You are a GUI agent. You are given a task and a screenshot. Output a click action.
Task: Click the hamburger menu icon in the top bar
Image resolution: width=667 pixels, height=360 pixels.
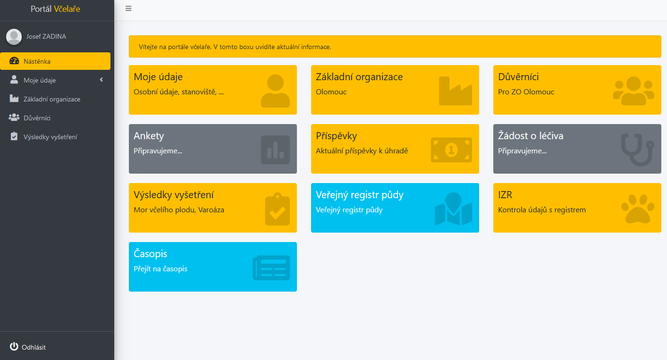(128, 8)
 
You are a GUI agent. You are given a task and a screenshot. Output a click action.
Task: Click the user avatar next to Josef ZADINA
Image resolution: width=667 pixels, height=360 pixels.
(14, 37)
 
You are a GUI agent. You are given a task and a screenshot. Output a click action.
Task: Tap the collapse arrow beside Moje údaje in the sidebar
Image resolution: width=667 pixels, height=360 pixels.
(101, 80)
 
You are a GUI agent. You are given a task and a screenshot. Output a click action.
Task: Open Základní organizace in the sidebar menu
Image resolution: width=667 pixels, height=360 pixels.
(52, 99)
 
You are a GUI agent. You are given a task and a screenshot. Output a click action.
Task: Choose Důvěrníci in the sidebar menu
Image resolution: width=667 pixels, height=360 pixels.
(37, 118)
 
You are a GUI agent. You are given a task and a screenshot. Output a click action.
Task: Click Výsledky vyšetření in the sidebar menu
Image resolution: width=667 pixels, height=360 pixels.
(51, 137)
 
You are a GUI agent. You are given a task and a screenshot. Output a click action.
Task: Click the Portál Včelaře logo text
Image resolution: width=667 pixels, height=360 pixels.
(55, 9)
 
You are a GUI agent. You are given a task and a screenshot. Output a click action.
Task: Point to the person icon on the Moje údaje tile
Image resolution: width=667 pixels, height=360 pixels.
(275, 91)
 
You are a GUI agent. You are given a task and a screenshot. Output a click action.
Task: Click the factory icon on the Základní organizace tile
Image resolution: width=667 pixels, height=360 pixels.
(456, 91)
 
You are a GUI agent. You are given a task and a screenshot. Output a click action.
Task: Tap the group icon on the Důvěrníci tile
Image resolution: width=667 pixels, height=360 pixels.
(633, 91)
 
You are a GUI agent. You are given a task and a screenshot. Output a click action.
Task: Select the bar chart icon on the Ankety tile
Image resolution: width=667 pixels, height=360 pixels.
(275, 150)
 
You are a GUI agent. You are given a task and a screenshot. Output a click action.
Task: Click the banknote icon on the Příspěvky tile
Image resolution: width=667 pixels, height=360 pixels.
(451, 150)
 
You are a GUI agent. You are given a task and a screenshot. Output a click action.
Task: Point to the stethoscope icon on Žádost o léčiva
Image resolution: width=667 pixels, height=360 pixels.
(638, 150)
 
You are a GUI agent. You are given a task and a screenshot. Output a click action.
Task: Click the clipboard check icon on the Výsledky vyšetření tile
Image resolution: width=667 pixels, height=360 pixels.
(278, 209)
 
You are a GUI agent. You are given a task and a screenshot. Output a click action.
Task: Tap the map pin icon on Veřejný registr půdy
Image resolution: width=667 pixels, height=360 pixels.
(454, 209)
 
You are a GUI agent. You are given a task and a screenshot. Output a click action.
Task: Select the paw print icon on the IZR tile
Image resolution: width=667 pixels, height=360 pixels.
(638, 209)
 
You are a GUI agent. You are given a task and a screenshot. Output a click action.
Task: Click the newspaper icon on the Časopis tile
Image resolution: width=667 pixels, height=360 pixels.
(271, 268)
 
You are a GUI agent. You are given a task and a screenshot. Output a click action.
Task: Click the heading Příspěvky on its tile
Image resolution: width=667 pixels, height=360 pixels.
(337, 136)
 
